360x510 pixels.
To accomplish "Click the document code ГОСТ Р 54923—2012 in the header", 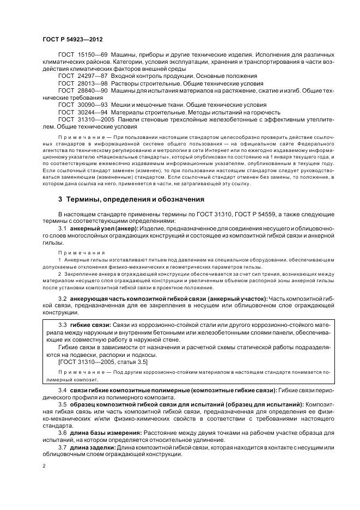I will pyautogui.click(x=72, y=40).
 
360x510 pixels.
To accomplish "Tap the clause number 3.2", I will pyautogui.click(x=62, y=300).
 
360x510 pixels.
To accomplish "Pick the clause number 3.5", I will pyautogui.click(x=62, y=404).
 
